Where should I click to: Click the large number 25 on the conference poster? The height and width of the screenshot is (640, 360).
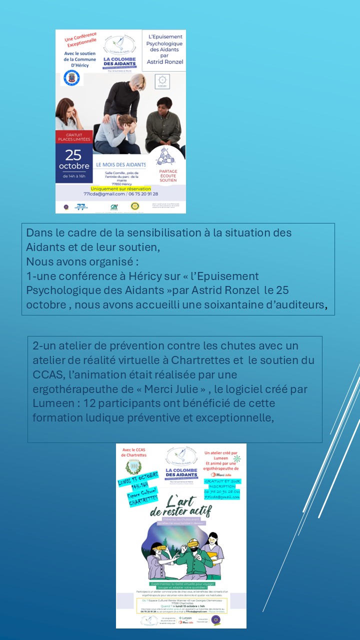click(x=73, y=154)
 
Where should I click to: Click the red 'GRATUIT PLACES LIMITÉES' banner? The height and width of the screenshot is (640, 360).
click(x=74, y=136)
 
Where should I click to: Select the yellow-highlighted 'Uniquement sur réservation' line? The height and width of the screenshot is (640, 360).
click(x=120, y=188)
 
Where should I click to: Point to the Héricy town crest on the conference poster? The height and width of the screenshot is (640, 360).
click(x=71, y=78)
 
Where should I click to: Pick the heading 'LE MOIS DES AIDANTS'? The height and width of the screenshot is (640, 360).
click(x=121, y=164)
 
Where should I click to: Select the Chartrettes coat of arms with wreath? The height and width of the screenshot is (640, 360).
click(x=133, y=466)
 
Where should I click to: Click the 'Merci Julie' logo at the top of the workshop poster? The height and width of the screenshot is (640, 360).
click(x=219, y=474)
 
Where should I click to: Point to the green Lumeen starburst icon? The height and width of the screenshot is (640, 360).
click(x=237, y=458)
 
